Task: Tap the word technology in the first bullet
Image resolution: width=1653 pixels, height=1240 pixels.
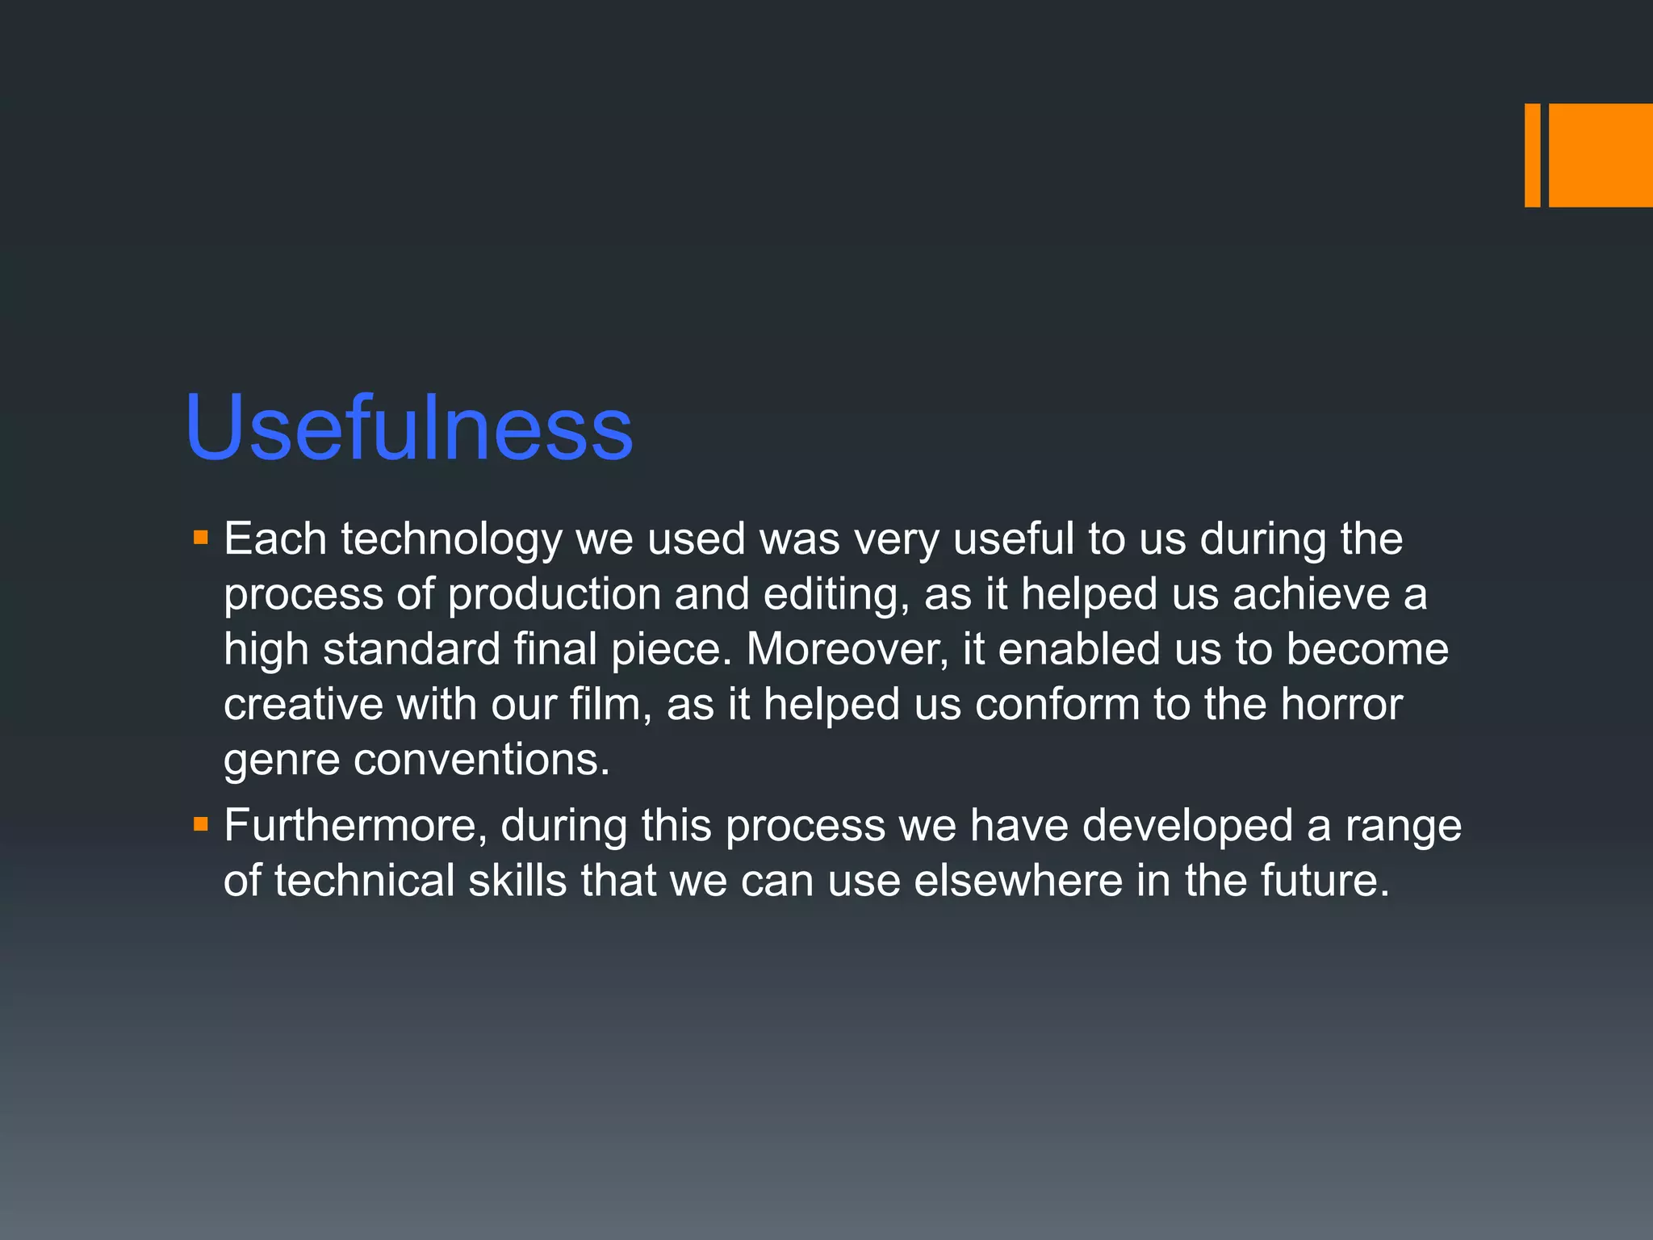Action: (451, 538)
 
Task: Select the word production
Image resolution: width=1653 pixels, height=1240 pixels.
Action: (554, 594)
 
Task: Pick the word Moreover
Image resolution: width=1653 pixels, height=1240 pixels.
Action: (847, 649)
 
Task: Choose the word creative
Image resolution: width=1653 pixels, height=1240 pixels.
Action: (303, 704)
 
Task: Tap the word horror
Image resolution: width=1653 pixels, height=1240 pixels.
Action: (1341, 704)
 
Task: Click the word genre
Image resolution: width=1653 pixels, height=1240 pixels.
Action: (281, 760)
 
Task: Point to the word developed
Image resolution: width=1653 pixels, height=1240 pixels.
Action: (1187, 825)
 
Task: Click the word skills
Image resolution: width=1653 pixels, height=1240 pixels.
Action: (517, 880)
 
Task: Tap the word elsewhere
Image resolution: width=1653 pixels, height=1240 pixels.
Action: (1018, 880)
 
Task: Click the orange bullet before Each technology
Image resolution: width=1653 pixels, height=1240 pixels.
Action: (201, 537)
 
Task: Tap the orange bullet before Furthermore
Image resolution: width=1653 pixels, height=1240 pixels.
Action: (201, 824)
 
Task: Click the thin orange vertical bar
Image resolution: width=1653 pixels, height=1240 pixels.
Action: (1532, 155)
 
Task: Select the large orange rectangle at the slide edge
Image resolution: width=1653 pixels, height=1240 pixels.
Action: (1601, 155)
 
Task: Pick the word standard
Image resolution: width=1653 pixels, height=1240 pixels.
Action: (412, 649)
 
